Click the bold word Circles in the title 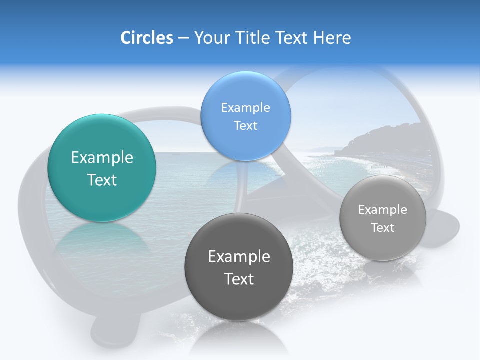pyautogui.click(x=146, y=38)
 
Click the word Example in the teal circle pyautogui.click(x=102, y=158)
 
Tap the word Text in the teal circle pyautogui.click(x=102, y=180)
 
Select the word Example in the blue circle pyautogui.click(x=245, y=108)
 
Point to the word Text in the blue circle pyautogui.click(x=245, y=125)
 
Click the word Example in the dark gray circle pyautogui.click(x=239, y=257)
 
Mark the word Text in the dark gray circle pyautogui.click(x=239, y=279)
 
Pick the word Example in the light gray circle pyautogui.click(x=383, y=210)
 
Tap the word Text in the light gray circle pyautogui.click(x=383, y=228)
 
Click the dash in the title pyautogui.click(x=183, y=38)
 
